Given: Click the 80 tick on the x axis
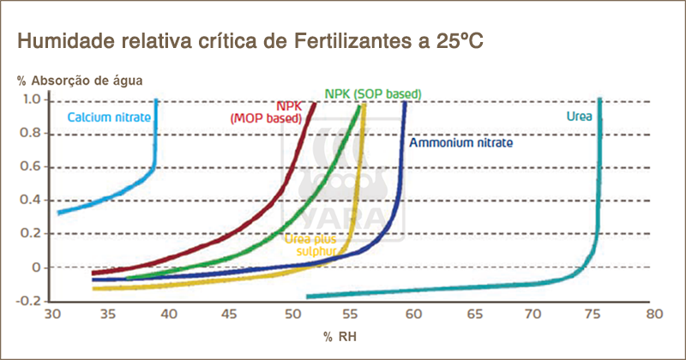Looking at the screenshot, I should click(x=653, y=315).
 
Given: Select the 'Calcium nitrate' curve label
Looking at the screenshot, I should click(x=109, y=117).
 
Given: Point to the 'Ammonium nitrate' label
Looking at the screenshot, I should click(x=460, y=143).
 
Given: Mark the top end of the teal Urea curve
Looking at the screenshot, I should click(x=599, y=100).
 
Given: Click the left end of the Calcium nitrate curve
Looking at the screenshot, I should click(x=58, y=212).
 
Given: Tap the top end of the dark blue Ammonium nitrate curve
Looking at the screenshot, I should click(x=405, y=103).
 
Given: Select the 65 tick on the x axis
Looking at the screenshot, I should click(x=472, y=315).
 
